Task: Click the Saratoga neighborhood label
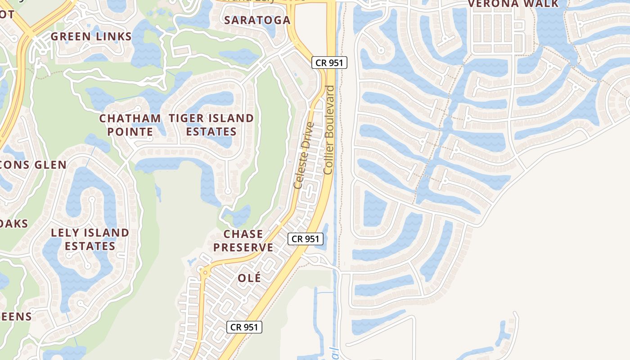[257, 20]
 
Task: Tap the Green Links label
[91, 37]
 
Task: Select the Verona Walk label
[513, 4]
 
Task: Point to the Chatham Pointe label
[130, 125]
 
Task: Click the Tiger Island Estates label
[211, 125]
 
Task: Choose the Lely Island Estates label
[90, 239]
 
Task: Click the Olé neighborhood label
[249, 278]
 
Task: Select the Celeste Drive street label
[303, 155]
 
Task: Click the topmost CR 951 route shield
[329, 63]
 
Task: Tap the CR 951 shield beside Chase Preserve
[305, 239]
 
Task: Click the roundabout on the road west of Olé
[205, 271]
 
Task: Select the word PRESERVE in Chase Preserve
[243, 247]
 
